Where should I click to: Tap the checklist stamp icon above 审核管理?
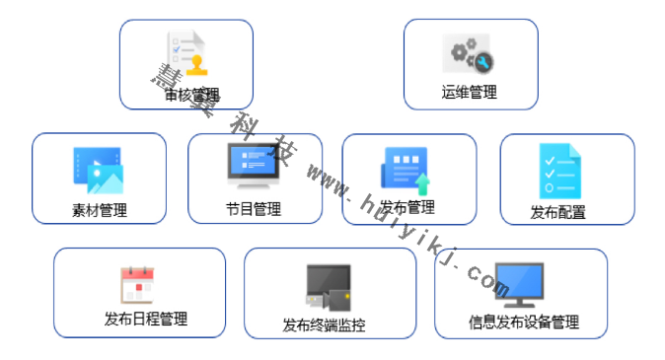(187, 54)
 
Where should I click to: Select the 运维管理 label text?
(469, 93)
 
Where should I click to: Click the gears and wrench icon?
(470, 54)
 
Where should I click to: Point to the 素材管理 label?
(99, 209)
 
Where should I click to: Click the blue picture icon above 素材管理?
(98, 170)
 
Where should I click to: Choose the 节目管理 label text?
(254, 209)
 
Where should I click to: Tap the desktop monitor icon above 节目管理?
(254, 166)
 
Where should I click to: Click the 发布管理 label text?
(407, 207)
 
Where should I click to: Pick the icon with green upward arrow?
(406, 170)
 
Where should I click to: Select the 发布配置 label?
(557, 211)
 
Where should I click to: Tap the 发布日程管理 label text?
(145, 319)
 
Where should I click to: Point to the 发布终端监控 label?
(324, 324)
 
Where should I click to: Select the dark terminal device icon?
(328, 287)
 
